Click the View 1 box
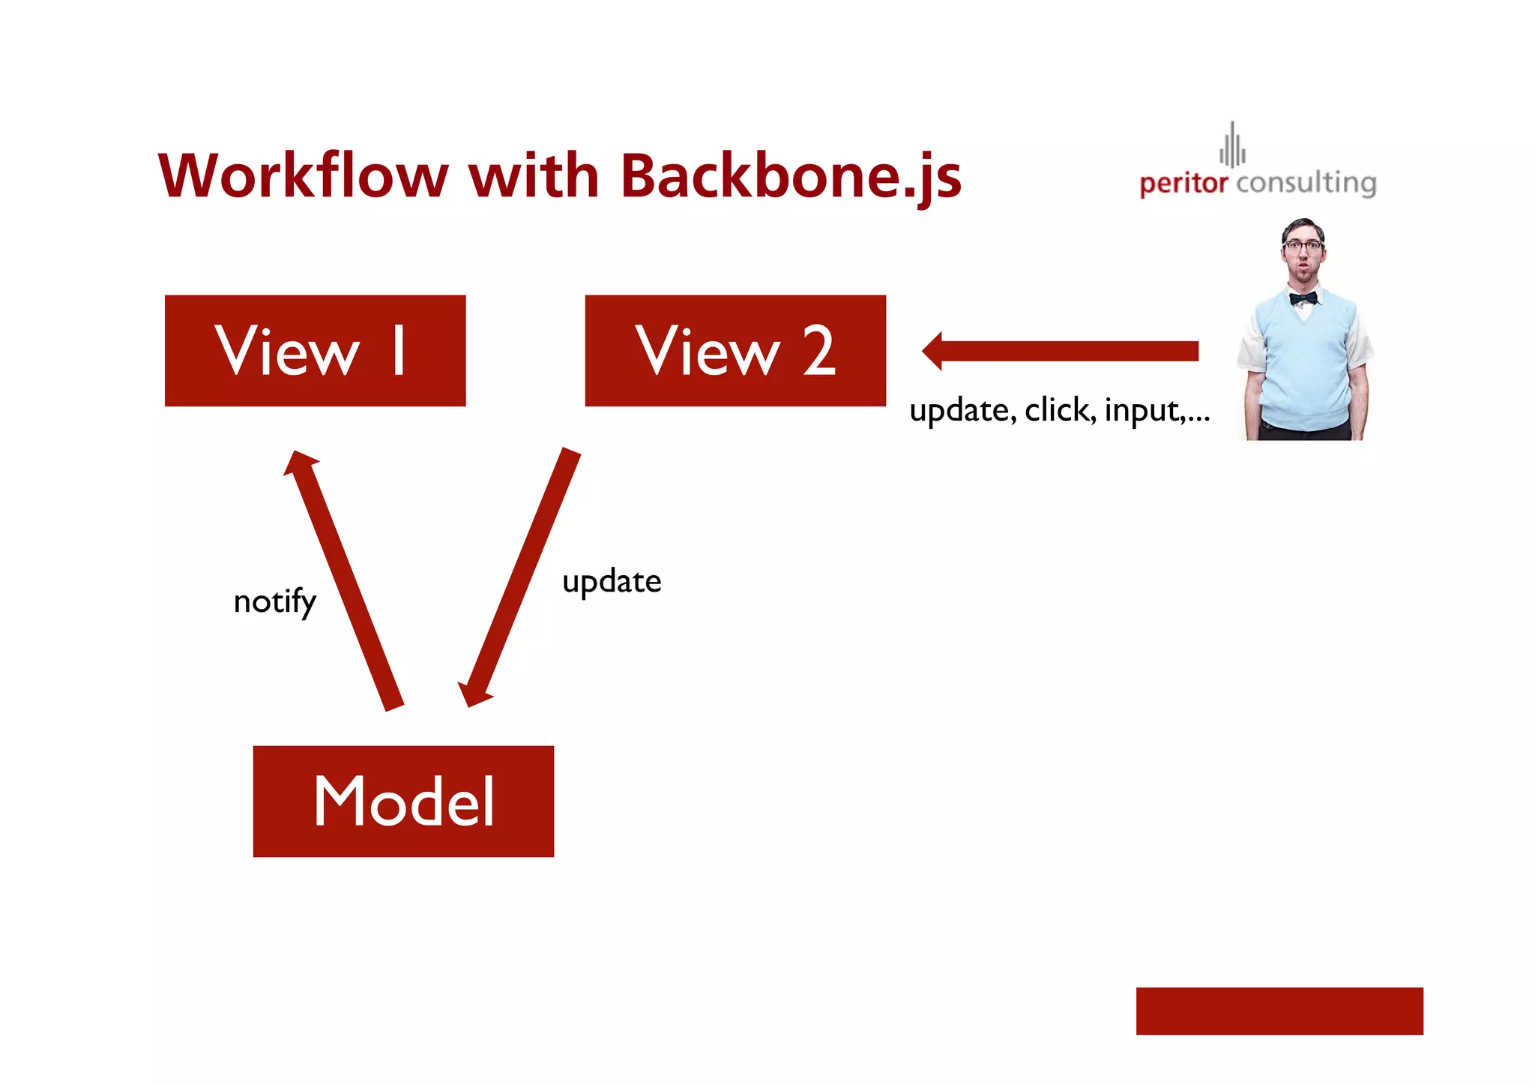(x=315, y=350)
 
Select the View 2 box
(x=735, y=350)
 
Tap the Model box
(x=403, y=801)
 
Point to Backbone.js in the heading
(x=791, y=177)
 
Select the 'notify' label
(x=274, y=601)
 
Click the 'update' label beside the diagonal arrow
(x=612, y=582)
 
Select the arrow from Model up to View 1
(x=345, y=580)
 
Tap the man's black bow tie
(x=1303, y=298)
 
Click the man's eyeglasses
(x=1303, y=245)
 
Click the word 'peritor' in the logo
(x=1183, y=183)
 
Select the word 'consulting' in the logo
(x=1306, y=183)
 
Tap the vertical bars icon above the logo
(x=1232, y=145)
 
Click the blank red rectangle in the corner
(x=1279, y=1011)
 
